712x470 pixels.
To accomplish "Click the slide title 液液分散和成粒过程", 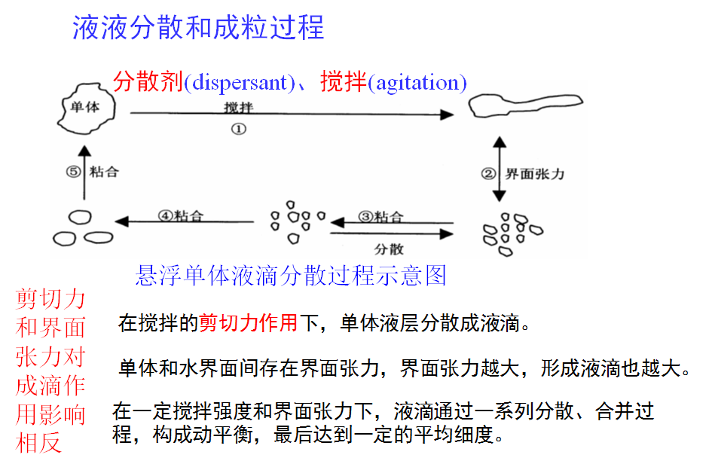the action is pyautogui.click(x=198, y=28).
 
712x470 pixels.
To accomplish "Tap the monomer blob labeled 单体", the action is pyautogui.click(x=84, y=108).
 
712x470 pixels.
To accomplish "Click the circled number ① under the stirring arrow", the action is pyautogui.click(x=238, y=129).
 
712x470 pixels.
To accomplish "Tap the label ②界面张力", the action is pyautogui.click(x=523, y=174).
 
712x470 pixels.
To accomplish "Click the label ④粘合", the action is pyautogui.click(x=181, y=215).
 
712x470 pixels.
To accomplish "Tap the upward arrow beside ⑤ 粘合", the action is pyautogui.click(x=84, y=172).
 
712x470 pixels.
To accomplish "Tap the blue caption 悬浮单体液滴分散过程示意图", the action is pyautogui.click(x=291, y=275).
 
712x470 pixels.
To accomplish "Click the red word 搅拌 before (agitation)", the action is pyautogui.click(x=344, y=81).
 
